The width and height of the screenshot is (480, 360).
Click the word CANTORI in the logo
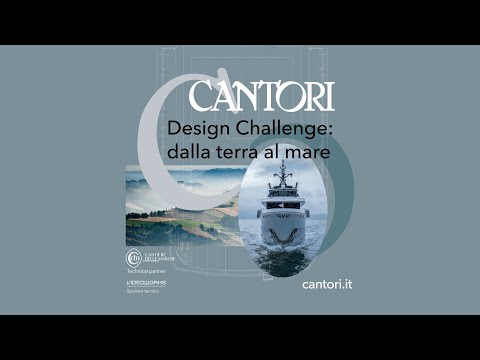(262, 96)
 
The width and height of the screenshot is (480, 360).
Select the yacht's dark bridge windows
(283, 203)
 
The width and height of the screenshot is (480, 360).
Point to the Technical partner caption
(145, 272)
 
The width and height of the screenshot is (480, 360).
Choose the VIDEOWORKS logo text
(146, 283)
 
